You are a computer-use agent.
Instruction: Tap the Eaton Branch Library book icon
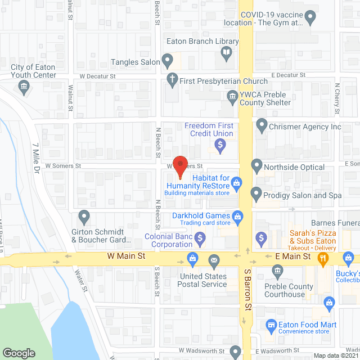click(x=226, y=53)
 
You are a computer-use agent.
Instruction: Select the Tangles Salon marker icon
click(x=167, y=60)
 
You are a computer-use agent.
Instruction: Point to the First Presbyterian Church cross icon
click(x=173, y=81)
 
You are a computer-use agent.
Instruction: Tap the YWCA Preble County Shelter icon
click(x=232, y=98)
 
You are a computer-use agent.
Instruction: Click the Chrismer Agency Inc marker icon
click(x=262, y=125)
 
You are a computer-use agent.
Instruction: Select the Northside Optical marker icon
click(x=257, y=166)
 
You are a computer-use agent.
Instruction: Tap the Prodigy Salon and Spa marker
click(x=256, y=195)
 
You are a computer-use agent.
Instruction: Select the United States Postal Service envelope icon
click(x=214, y=260)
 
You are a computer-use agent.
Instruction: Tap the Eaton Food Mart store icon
click(x=272, y=326)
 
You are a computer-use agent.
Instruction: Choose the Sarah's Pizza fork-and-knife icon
click(x=323, y=258)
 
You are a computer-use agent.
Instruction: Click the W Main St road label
click(x=127, y=256)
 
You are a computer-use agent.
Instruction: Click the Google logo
click(x=19, y=353)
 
